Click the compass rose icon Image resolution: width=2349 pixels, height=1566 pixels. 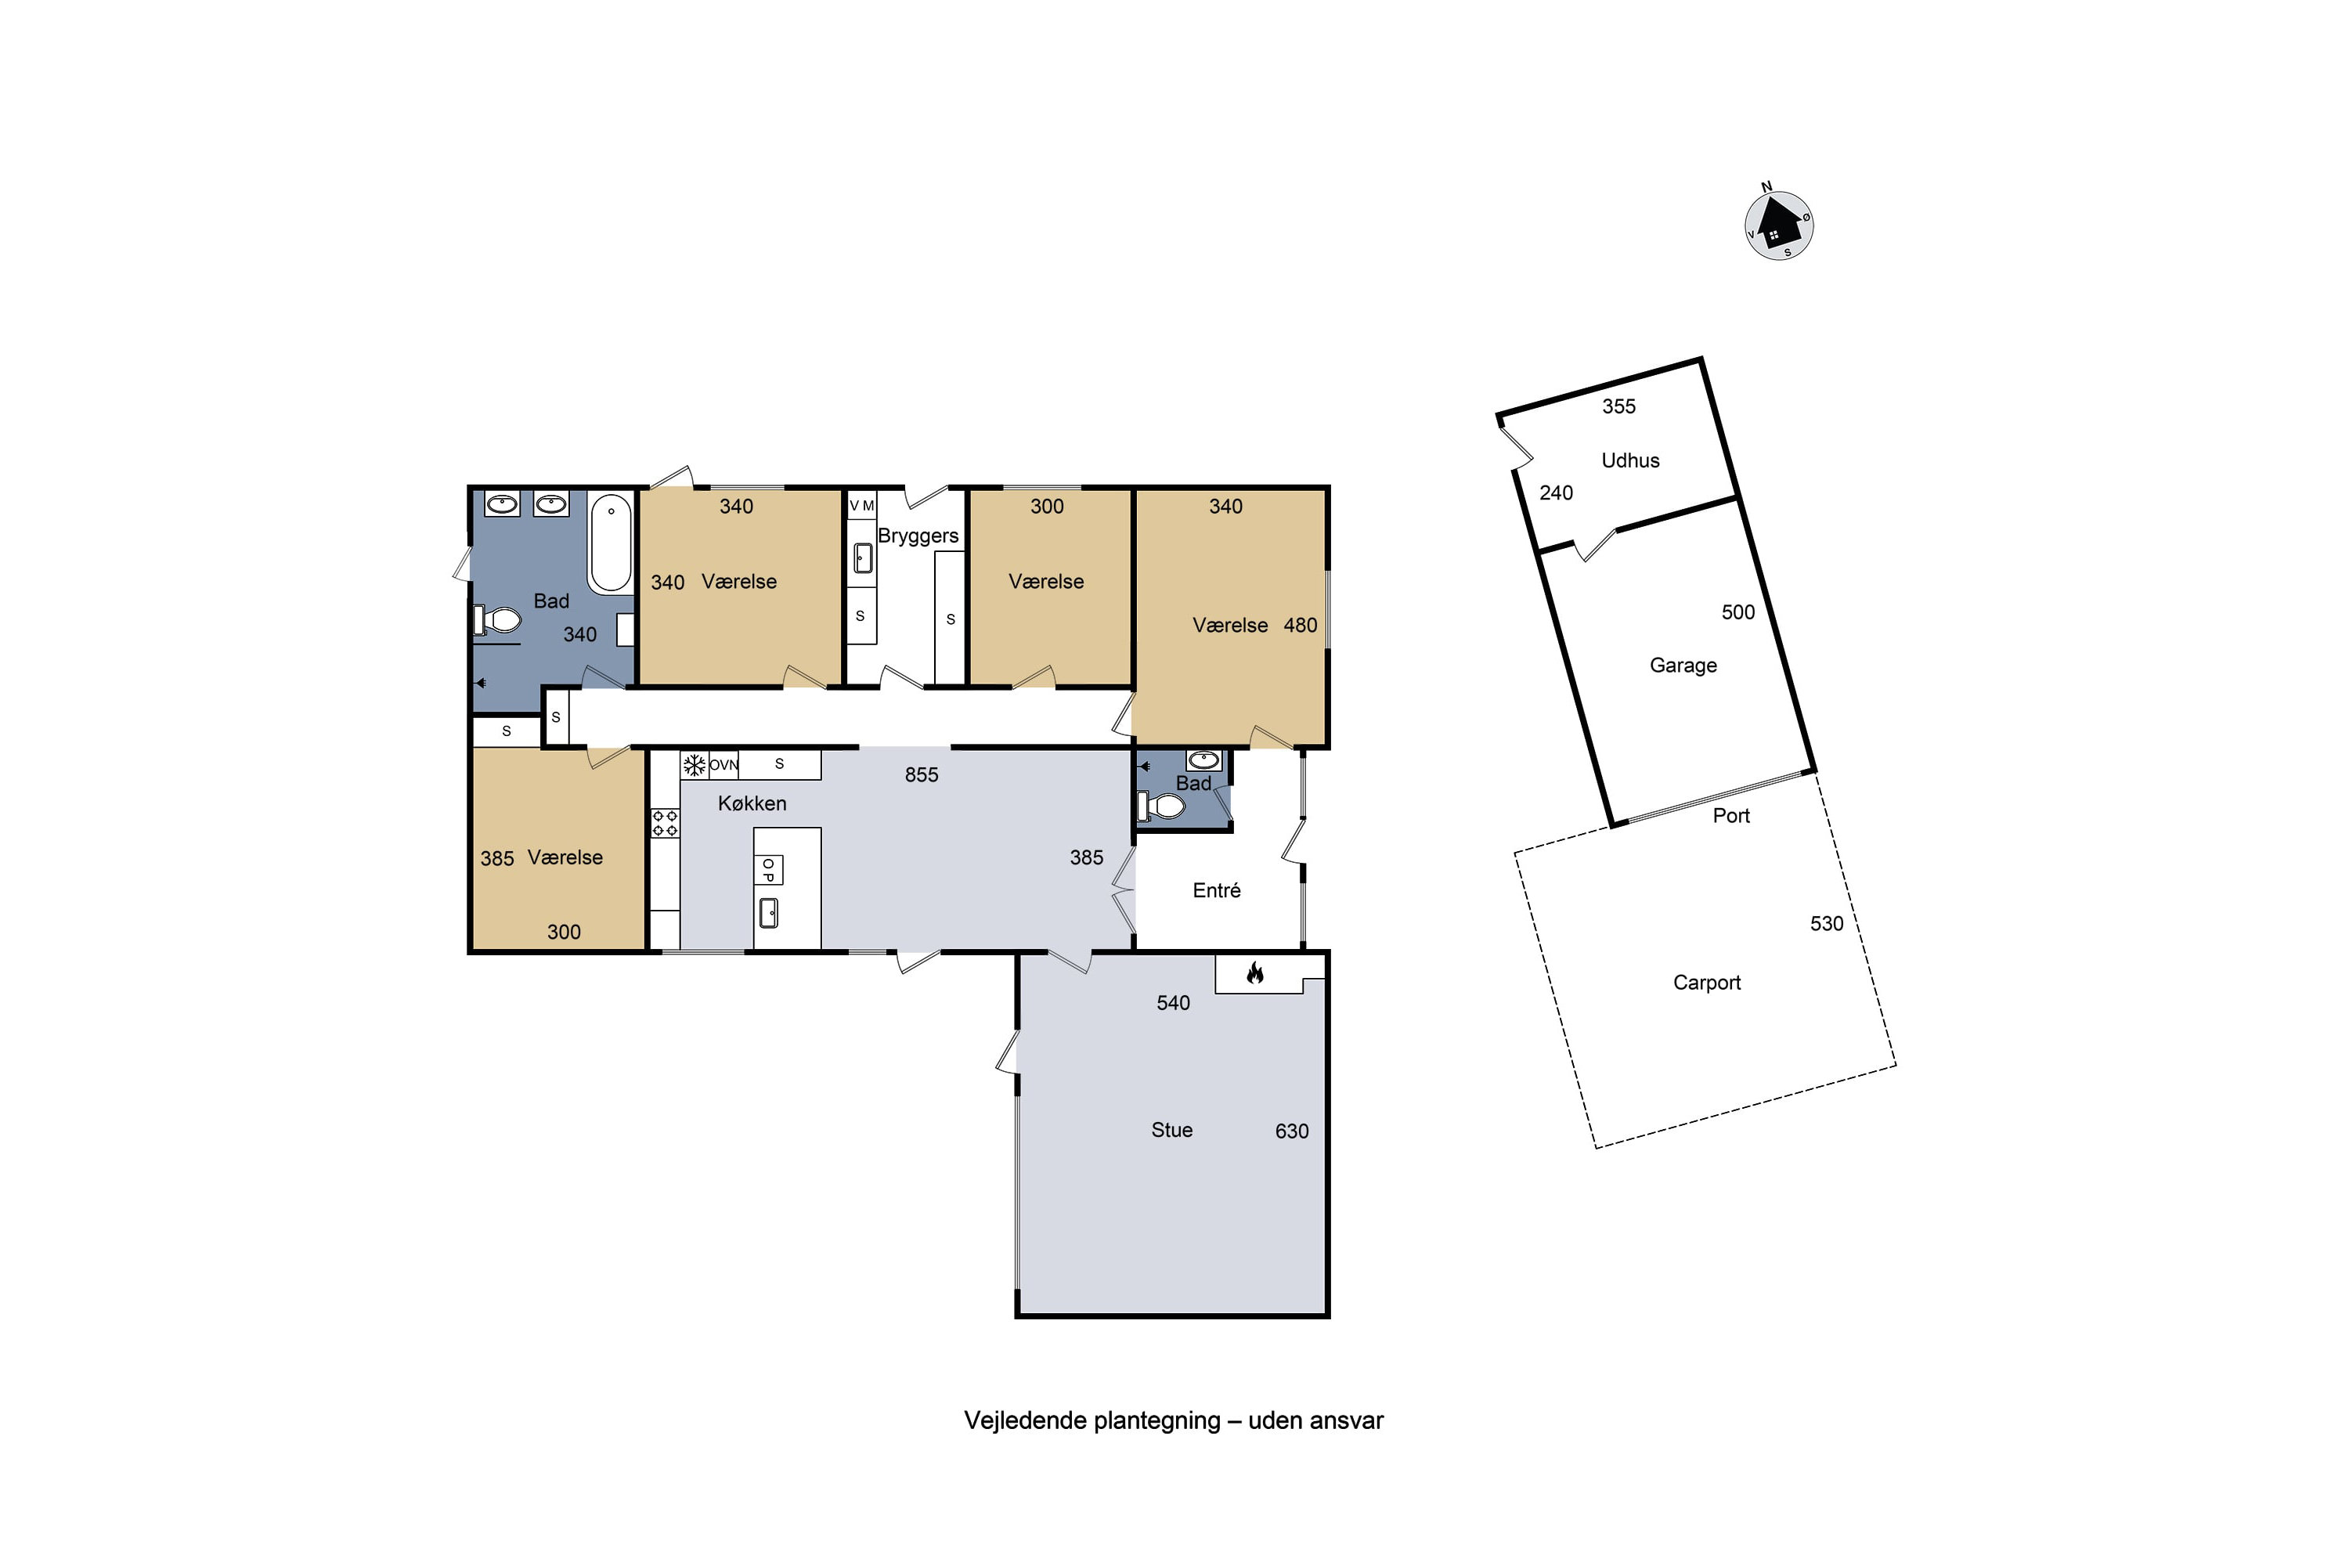click(1779, 224)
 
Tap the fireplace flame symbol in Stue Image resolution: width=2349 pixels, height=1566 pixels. click(1255, 972)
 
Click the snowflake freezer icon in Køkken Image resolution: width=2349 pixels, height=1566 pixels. click(694, 766)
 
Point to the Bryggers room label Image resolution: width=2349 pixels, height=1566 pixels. click(918, 536)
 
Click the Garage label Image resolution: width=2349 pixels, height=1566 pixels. click(1683, 665)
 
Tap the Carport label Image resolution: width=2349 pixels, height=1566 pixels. click(1707, 983)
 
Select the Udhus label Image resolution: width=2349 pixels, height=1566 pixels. click(1630, 460)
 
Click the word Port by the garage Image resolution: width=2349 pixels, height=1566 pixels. click(1730, 816)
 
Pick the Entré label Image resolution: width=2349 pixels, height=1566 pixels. click(1217, 889)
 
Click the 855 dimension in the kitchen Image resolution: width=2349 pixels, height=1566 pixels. click(922, 775)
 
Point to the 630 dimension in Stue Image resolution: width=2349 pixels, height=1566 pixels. click(1291, 1131)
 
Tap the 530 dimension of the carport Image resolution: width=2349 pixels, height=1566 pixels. click(1827, 924)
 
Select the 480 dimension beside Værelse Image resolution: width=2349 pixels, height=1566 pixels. click(1301, 625)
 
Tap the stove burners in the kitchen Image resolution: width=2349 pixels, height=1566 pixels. click(665, 824)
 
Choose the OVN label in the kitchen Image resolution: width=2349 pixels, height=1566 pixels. click(724, 766)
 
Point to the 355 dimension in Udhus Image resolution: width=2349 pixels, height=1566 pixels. click(1619, 406)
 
